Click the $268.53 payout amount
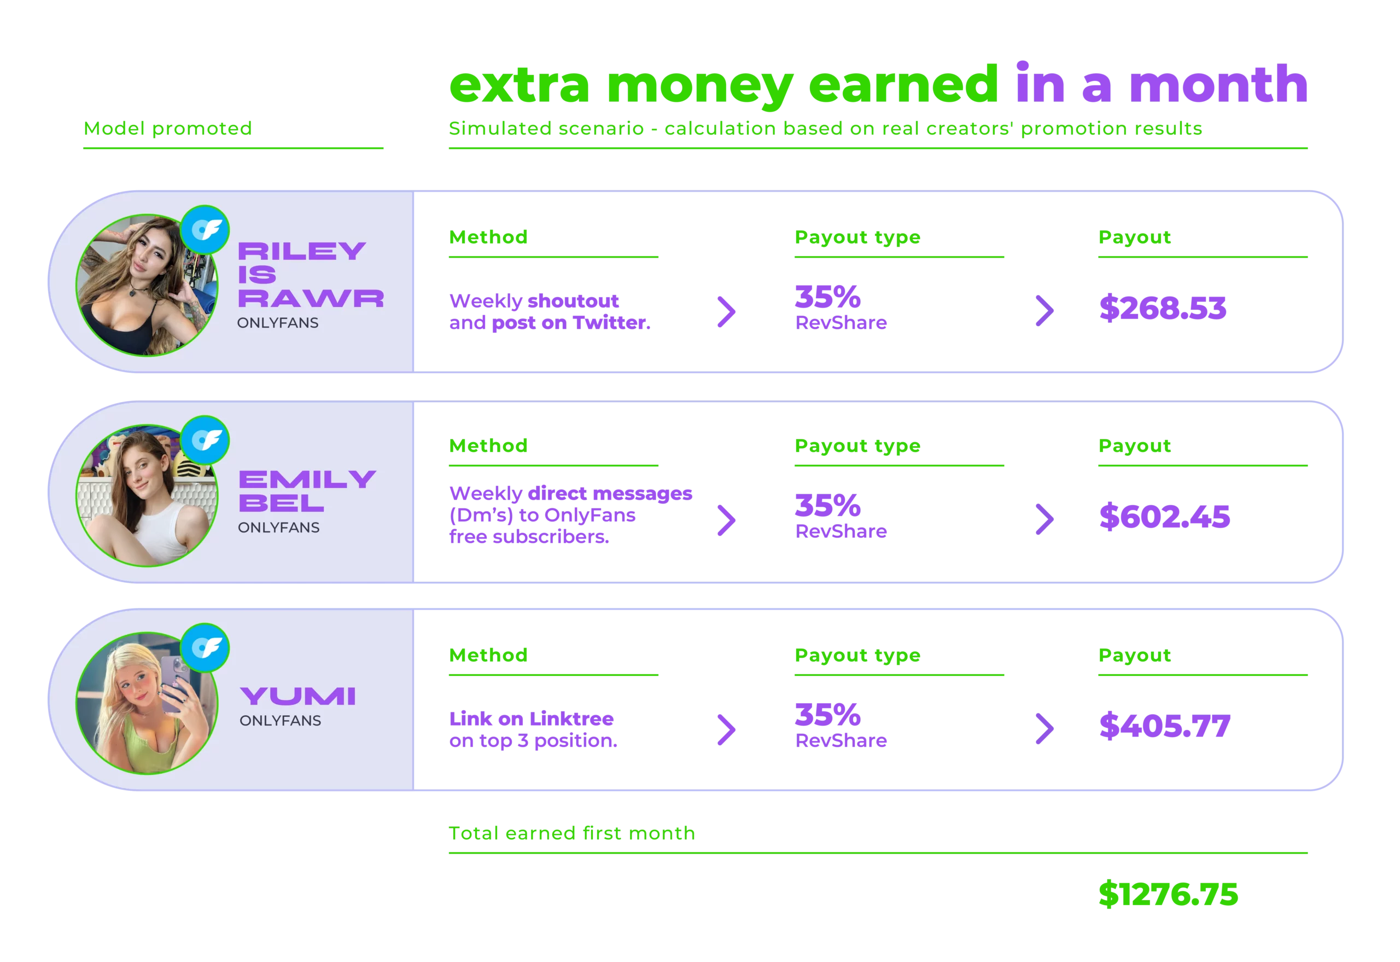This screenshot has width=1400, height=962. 1162,307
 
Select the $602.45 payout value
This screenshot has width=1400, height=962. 1164,517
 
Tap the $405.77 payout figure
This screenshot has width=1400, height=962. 1164,726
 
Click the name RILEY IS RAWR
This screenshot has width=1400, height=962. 310,275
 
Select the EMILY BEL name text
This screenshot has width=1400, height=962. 307,491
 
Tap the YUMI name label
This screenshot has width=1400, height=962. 297,696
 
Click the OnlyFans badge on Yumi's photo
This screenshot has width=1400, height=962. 206,648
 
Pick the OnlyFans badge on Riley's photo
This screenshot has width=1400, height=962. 206,230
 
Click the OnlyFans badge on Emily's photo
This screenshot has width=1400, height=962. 206,440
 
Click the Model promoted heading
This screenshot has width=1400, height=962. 167,129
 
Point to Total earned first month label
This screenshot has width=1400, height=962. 571,833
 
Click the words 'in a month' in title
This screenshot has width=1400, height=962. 1160,84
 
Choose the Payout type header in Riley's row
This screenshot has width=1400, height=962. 856,237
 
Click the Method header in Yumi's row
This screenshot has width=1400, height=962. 488,655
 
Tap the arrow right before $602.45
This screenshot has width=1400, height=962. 1043,518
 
